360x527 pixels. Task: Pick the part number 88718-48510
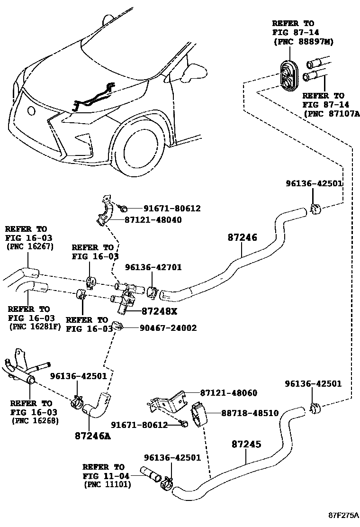(250, 413)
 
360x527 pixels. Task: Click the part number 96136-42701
(153, 268)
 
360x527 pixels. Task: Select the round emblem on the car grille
(32, 111)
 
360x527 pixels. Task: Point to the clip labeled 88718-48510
(199, 414)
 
